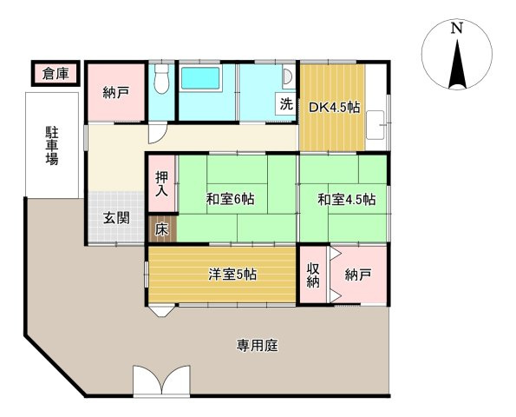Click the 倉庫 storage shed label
(x=56, y=74)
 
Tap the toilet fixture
(x=161, y=78)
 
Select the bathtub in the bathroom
(x=200, y=78)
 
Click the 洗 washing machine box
(x=286, y=104)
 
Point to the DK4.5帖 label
(x=334, y=108)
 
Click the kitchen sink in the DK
(x=376, y=125)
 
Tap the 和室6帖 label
(x=230, y=199)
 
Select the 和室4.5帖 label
(x=346, y=200)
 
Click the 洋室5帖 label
(x=232, y=275)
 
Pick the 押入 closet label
(x=161, y=184)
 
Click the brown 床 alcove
(x=161, y=229)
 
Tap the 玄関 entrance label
(x=116, y=218)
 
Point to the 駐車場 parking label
(x=52, y=146)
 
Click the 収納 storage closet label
(x=313, y=275)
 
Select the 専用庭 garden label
(x=257, y=346)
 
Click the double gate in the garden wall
(x=161, y=380)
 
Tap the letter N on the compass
(x=456, y=28)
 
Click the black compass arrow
(x=457, y=64)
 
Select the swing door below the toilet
(x=156, y=133)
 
